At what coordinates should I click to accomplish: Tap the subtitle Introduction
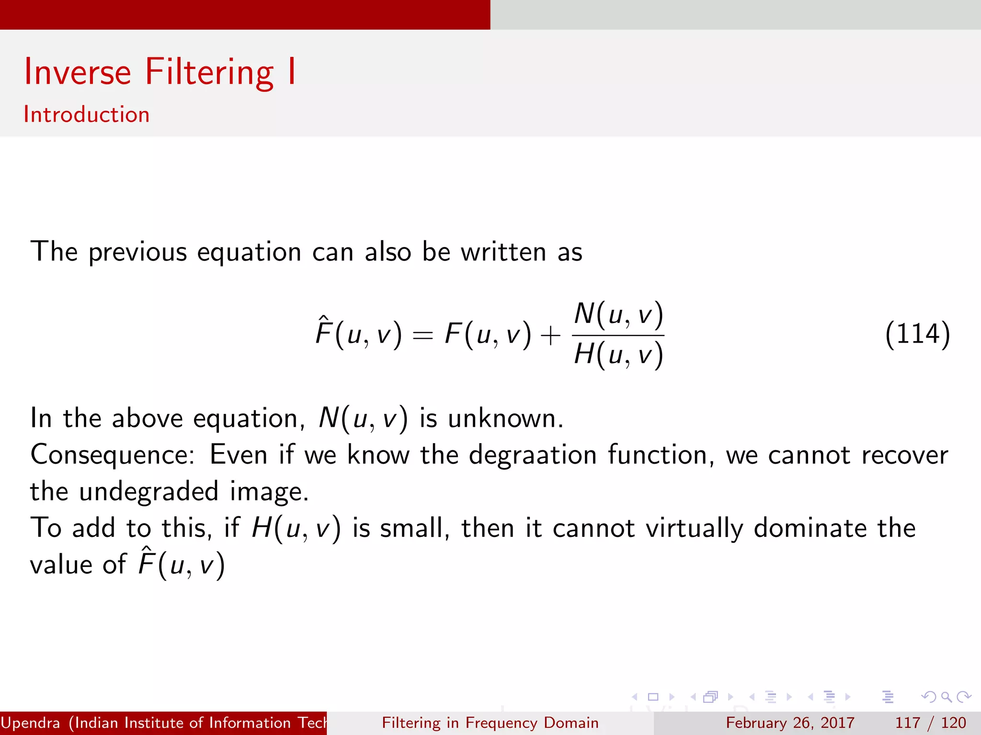coord(87,115)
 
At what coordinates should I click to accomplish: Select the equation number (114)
coord(917,334)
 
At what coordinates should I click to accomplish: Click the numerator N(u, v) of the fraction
coord(618,314)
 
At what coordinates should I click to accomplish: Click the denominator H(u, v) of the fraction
coord(618,355)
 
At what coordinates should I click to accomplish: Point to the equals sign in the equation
coord(423,335)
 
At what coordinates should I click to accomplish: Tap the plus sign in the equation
coord(550,335)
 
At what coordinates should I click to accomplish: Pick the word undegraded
coord(148,491)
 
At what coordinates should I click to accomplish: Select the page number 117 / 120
coord(930,723)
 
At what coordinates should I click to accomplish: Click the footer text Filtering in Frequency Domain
coord(490,723)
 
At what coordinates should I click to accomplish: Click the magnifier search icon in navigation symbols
coord(946,697)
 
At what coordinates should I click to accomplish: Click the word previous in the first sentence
coord(137,252)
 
